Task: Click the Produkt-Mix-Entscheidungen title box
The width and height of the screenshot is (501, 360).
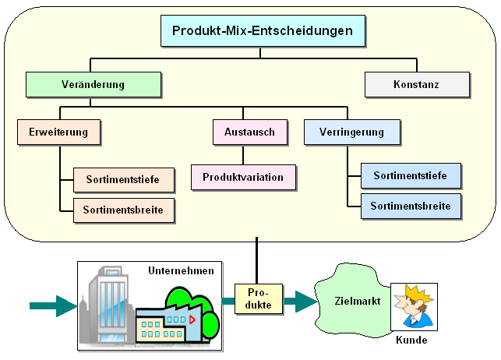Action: [x=263, y=32]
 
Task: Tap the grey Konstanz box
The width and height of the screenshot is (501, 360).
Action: [x=417, y=84]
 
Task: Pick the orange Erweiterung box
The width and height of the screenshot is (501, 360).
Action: [x=60, y=132]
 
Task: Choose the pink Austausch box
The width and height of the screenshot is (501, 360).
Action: [x=249, y=132]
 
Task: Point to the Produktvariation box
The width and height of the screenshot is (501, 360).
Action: [x=243, y=178]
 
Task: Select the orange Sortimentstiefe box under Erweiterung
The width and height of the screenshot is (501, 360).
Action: [x=123, y=180]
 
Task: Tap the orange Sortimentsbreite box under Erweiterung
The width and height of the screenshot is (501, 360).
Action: [x=123, y=210]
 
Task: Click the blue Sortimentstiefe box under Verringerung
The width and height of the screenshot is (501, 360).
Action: [x=410, y=176]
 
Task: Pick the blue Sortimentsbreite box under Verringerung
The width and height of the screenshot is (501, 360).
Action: [x=410, y=206]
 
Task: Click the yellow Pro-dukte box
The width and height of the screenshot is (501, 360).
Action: [x=258, y=298]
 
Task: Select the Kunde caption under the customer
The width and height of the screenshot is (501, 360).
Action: [x=411, y=341]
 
